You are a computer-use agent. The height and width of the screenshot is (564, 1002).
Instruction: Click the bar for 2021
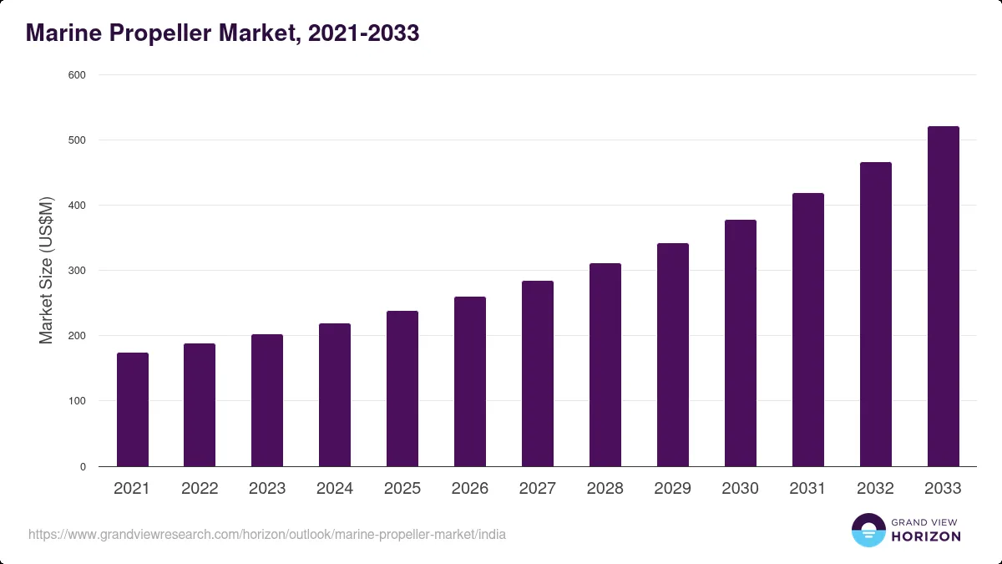click(x=133, y=409)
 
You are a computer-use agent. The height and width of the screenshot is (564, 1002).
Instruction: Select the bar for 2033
click(x=944, y=297)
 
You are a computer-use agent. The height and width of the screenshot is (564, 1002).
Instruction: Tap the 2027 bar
click(x=538, y=373)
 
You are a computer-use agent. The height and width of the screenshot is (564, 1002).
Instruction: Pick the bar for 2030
click(x=741, y=343)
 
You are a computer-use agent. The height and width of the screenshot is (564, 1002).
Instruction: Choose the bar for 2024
click(x=335, y=394)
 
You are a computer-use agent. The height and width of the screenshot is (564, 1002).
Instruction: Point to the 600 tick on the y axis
click(x=77, y=75)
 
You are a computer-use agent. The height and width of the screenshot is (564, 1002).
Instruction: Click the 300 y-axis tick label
click(x=77, y=271)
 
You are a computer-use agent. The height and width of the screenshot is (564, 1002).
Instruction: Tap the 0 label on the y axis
click(x=83, y=467)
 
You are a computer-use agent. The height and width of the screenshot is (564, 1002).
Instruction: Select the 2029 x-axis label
click(x=672, y=488)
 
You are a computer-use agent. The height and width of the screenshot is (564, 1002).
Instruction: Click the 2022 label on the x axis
click(x=200, y=488)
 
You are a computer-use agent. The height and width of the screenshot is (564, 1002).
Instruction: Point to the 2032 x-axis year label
click(x=875, y=488)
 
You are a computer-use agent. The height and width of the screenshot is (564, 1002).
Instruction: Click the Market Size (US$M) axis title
click(x=46, y=271)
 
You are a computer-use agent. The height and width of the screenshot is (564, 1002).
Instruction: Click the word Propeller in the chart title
click(x=160, y=33)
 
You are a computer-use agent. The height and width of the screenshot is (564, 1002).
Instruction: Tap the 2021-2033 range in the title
click(x=364, y=33)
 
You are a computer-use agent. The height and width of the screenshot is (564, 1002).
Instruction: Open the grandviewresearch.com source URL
click(x=267, y=535)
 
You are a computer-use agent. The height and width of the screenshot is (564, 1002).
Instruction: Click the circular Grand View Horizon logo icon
click(x=868, y=530)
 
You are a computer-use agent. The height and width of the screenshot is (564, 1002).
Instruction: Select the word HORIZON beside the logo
click(x=926, y=536)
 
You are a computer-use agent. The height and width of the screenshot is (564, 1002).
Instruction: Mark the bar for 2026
click(x=470, y=381)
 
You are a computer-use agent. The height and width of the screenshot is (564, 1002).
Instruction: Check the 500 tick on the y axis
click(x=77, y=140)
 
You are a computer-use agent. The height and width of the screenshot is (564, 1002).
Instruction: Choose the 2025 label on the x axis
click(x=402, y=488)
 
